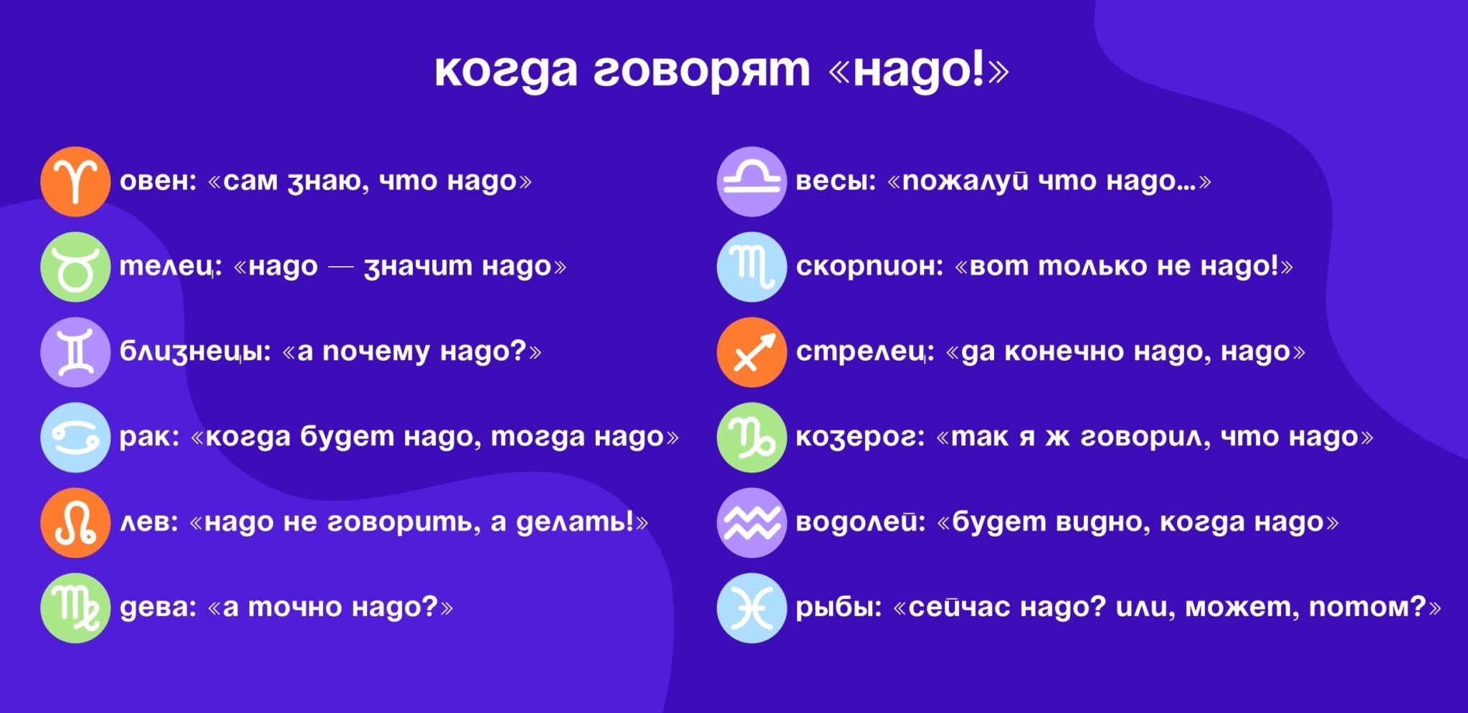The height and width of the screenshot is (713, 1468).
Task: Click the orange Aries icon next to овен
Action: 75,181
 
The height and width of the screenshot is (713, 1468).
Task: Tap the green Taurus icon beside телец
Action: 75,267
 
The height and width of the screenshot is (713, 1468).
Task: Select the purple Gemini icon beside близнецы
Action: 75,352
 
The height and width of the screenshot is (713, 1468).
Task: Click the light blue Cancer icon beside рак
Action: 75,438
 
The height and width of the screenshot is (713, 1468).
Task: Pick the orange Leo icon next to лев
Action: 75,523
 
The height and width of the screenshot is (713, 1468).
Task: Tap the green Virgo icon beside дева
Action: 75,608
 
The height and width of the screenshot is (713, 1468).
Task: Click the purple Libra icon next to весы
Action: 752,181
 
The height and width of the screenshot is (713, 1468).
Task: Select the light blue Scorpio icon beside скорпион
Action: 752,267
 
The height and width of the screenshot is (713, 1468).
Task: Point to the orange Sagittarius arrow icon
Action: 752,352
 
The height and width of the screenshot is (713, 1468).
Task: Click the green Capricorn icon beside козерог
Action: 752,438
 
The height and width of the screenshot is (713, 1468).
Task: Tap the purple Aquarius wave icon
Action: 752,523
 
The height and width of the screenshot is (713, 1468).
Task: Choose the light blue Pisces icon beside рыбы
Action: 752,608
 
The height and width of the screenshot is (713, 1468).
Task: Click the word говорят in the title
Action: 701,72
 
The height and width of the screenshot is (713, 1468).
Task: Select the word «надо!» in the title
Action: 918,70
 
